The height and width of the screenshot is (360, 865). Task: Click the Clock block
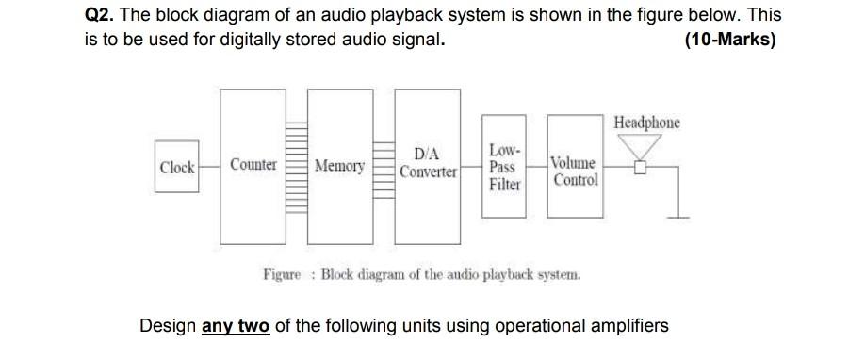coord(177,168)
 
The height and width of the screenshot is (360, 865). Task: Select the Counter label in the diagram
coord(253,165)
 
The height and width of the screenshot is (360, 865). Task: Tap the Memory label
coord(339,166)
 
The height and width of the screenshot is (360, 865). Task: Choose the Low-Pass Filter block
coord(504,168)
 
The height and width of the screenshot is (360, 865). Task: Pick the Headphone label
coord(646,123)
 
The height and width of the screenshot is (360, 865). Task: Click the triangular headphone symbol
coord(641,147)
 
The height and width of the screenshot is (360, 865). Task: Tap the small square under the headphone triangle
coord(641,169)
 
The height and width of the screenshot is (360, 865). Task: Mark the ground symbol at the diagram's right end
coord(677,217)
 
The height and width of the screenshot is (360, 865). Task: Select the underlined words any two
coord(236,326)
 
